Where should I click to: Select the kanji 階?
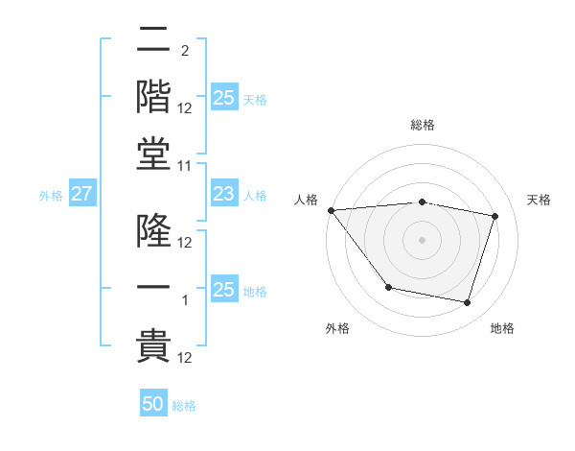pyautogui.click(x=153, y=95)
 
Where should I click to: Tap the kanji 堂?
pyautogui.click(x=153, y=152)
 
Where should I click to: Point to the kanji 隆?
pyautogui.click(x=153, y=230)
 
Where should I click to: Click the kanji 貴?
pyautogui.click(x=153, y=344)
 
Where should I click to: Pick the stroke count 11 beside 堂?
pyautogui.click(x=186, y=165)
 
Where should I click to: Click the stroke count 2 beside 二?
pyautogui.click(x=185, y=50)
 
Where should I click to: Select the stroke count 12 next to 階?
pyautogui.click(x=186, y=107)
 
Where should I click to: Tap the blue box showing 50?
pyautogui.click(x=153, y=404)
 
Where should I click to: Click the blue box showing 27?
pyautogui.click(x=82, y=194)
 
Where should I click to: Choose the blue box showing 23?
pyautogui.click(x=224, y=194)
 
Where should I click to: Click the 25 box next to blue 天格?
pyautogui.click(x=224, y=97)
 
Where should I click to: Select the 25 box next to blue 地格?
pyautogui.click(x=224, y=290)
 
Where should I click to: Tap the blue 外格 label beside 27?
pyautogui.click(x=51, y=196)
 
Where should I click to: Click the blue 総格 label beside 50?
pyautogui.click(x=184, y=406)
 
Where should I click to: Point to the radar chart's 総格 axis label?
pyautogui.click(x=423, y=125)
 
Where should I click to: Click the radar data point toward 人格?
pyautogui.click(x=331, y=210)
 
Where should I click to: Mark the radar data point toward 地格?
pyautogui.click(x=468, y=303)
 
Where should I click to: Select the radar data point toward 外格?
pyautogui.click(x=388, y=287)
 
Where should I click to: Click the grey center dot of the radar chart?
pyautogui.click(x=423, y=240)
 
